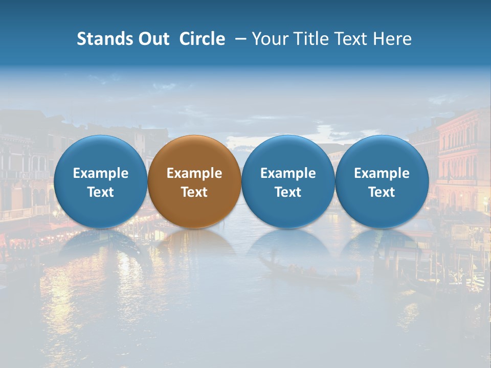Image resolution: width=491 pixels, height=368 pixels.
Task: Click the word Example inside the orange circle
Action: tap(194, 173)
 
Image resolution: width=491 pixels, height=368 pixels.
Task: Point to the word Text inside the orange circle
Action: tap(194, 192)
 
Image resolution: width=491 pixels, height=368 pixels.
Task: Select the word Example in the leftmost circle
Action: tap(100, 173)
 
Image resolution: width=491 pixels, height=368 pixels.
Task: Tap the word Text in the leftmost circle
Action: tap(100, 192)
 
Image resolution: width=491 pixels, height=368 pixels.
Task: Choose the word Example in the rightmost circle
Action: tap(382, 173)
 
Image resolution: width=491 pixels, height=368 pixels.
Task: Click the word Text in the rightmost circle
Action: tap(382, 192)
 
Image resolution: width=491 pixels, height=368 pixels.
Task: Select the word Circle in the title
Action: tap(202, 39)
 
